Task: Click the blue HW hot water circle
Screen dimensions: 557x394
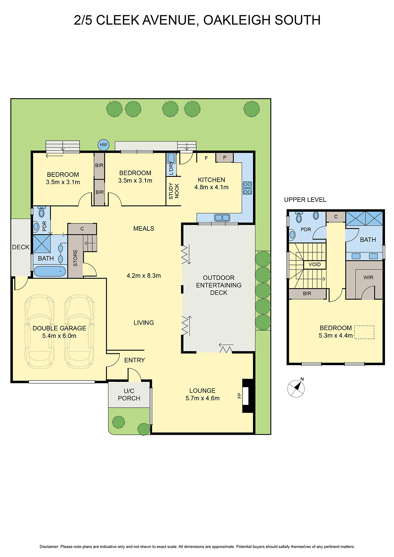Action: click(103, 145)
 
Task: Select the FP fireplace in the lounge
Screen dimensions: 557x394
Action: click(246, 395)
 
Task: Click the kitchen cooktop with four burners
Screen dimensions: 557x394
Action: click(247, 188)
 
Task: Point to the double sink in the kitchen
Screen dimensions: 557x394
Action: click(222, 218)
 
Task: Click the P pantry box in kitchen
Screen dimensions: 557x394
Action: click(225, 158)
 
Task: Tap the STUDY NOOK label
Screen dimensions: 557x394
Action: click(173, 191)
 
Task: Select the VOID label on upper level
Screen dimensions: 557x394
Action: click(315, 265)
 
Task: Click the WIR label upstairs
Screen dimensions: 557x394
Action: click(368, 277)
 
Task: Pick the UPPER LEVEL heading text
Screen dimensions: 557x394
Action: click(305, 200)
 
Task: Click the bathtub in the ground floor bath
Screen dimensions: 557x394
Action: click(50, 271)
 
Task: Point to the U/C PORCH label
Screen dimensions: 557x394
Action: click(129, 394)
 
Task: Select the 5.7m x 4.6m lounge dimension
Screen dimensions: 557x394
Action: click(202, 398)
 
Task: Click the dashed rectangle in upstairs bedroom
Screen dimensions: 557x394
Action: click(364, 332)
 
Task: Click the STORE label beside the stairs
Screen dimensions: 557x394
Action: click(75, 258)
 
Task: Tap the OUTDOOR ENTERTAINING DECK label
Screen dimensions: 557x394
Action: click(218, 285)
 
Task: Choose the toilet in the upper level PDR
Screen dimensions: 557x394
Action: click(299, 218)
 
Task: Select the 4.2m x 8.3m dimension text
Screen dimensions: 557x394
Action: click(144, 276)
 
